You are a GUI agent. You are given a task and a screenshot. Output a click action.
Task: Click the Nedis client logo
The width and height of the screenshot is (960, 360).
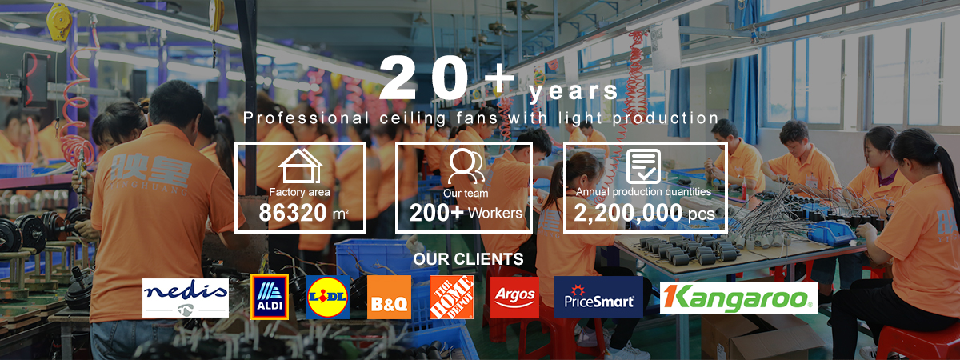click(185, 298)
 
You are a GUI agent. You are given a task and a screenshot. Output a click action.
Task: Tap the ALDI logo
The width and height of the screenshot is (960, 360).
click(270, 297)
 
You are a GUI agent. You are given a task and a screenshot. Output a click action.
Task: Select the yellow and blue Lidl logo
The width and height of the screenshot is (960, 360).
click(327, 297)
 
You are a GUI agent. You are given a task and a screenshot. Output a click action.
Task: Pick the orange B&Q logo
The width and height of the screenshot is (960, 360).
click(389, 297)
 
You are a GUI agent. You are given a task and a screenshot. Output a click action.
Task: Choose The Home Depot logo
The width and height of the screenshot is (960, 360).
click(452, 297)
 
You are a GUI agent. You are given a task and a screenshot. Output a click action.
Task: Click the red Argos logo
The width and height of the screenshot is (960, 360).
click(514, 297)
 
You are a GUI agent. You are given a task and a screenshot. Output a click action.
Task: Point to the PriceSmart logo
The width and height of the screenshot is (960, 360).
click(598, 297)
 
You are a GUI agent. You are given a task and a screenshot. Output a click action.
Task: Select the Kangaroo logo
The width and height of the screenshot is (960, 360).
click(739, 298)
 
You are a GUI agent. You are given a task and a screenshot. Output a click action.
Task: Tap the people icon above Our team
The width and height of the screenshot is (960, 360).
click(466, 166)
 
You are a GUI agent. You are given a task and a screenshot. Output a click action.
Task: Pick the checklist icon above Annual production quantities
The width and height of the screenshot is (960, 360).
click(643, 166)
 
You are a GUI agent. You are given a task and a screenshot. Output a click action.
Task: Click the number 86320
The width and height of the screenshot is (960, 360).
click(293, 213)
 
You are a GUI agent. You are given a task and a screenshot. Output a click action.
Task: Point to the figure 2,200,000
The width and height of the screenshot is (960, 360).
click(628, 213)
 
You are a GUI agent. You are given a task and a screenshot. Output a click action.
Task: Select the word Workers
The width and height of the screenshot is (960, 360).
click(495, 213)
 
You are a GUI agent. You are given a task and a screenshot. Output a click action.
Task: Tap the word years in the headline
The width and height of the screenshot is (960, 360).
click(573, 92)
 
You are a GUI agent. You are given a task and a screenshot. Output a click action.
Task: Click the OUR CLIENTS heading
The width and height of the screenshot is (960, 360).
click(469, 259)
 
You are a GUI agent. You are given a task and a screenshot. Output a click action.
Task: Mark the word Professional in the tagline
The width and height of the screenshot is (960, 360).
click(306, 118)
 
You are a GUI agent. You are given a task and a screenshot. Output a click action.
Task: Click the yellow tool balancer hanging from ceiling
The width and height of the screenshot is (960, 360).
click(58, 22)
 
